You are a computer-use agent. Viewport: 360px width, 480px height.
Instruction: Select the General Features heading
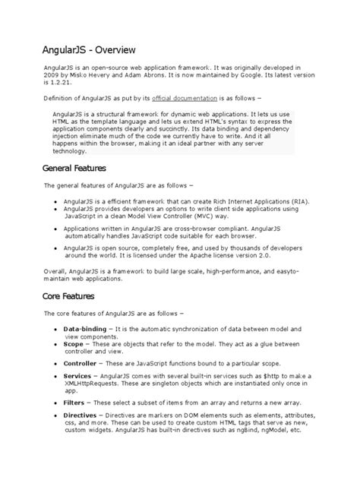click(x=74, y=167)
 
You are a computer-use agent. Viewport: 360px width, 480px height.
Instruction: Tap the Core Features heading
click(x=67, y=295)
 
